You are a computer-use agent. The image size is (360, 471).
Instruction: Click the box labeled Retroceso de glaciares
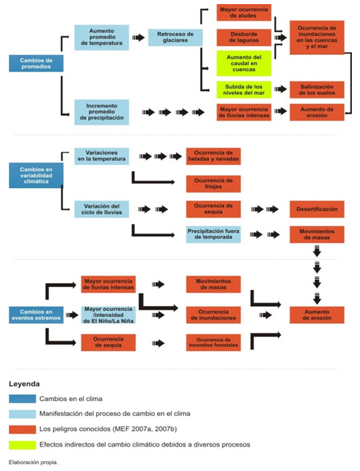point(175,37)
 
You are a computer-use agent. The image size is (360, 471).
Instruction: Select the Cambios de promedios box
point(36,63)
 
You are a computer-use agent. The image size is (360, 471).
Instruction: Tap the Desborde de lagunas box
point(244,37)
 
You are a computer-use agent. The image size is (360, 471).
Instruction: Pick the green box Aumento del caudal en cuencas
point(244,63)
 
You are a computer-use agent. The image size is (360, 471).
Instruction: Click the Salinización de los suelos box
point(317,90)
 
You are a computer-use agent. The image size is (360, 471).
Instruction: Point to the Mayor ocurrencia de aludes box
point(244,12)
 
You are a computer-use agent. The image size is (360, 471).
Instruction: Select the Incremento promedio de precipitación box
point(102,112)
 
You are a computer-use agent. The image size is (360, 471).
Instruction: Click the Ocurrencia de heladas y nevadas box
point(214,156)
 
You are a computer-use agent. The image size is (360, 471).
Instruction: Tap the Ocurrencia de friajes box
point(214,183)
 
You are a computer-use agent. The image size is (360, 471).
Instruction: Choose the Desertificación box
point(317,209)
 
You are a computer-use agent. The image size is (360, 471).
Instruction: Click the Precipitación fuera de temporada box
point(214,234)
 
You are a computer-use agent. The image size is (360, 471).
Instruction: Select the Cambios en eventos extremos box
point(36,315)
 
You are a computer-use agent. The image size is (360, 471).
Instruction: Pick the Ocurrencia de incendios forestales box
point(214,343)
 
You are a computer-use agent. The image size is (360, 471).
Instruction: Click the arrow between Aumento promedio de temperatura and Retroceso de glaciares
point(138,37)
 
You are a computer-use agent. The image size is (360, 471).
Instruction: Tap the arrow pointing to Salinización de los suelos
point(281,89)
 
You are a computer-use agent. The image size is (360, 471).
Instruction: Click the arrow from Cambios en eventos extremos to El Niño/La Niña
point(72,315)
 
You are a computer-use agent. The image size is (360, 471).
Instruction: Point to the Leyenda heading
point(24,384)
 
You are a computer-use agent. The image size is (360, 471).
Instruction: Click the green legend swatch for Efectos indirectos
point(22,445)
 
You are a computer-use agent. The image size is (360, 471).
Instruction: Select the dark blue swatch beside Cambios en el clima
point(22,398)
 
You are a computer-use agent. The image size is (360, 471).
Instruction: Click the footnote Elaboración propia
point(33,462)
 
